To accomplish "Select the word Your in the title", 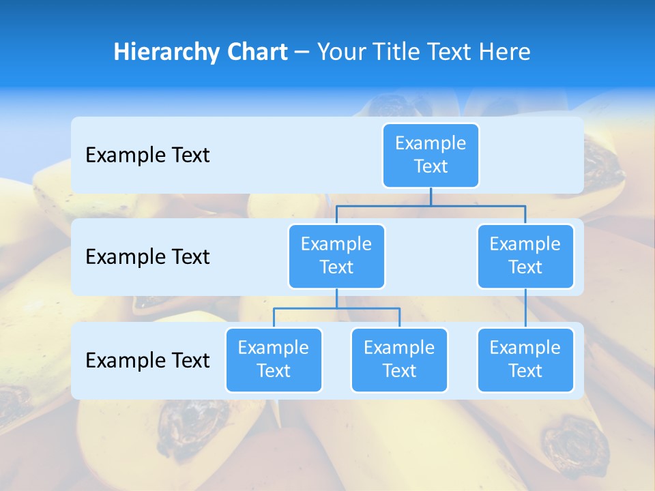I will point(340,53).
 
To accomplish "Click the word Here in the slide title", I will point(506,53).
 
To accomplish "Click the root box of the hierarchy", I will point(431,155).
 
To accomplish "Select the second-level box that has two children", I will point(336,256).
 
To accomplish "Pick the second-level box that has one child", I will point(525,256).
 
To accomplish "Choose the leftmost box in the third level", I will point(274,359).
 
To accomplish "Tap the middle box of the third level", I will point(399,359).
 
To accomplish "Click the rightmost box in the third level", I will point(525,359).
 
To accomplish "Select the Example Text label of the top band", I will point(147,155).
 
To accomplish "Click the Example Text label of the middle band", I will point(147,257).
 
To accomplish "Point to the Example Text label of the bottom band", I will point(147,360).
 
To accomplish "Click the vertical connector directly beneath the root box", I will point(431,196).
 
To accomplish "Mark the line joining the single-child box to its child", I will point(525,308).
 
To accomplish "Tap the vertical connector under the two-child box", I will point(336,298).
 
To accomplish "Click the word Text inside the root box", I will point(431,166).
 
